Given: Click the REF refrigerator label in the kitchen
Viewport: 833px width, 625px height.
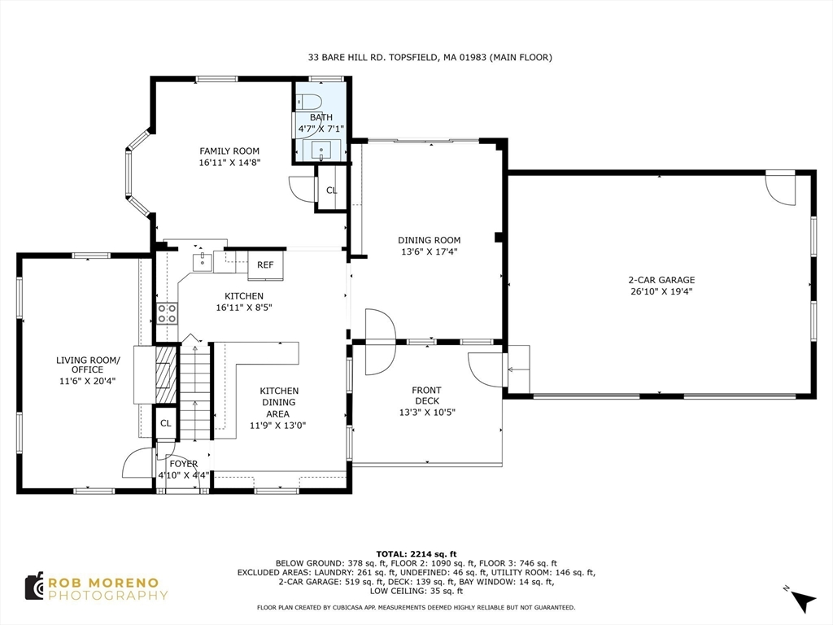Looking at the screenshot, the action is click(265, 264).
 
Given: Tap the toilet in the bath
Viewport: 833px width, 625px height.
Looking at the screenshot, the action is click(307, 101).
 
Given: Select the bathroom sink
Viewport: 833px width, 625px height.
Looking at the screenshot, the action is click(321, 151).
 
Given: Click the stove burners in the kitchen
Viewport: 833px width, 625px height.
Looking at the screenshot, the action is click(167, 313).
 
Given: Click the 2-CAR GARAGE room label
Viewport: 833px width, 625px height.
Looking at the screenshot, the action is click(661, 280).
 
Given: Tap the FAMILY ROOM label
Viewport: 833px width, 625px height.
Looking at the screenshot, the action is click(229, 151).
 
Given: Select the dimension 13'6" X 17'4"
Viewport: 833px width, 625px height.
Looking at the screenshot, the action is click(430, 252).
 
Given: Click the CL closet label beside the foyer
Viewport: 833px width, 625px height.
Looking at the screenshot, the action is click(166, 423).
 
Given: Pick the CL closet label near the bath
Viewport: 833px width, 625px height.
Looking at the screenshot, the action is click(332, 190).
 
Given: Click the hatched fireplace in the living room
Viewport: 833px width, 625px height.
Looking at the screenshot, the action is click(165, 375).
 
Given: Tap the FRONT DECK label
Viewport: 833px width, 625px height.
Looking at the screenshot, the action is click(426, 396).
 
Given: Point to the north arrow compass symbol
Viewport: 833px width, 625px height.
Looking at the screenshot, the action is click(803, 601).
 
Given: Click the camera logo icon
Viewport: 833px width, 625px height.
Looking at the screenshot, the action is click(34, 587).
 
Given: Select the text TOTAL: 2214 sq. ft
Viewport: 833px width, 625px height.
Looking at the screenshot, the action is click(416, 553).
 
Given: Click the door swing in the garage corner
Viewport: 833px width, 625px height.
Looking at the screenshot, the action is click(780, 189).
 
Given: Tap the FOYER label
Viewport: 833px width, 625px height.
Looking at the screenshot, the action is click(184, 464).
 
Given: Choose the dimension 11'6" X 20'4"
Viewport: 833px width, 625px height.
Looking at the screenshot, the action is click(88, 381).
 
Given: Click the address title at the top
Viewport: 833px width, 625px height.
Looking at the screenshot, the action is click(430, 57).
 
